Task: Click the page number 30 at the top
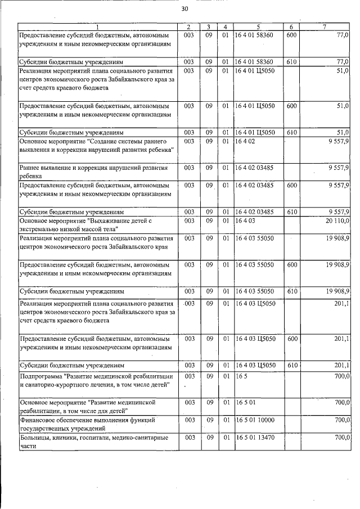click(184, 10)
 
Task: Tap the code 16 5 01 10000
click(256, 420)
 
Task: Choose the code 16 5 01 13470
click(256, 436)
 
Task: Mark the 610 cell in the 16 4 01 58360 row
click(291, 61)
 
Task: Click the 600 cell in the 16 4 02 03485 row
click(291, 184)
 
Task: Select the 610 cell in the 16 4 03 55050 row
click(291, 291)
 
